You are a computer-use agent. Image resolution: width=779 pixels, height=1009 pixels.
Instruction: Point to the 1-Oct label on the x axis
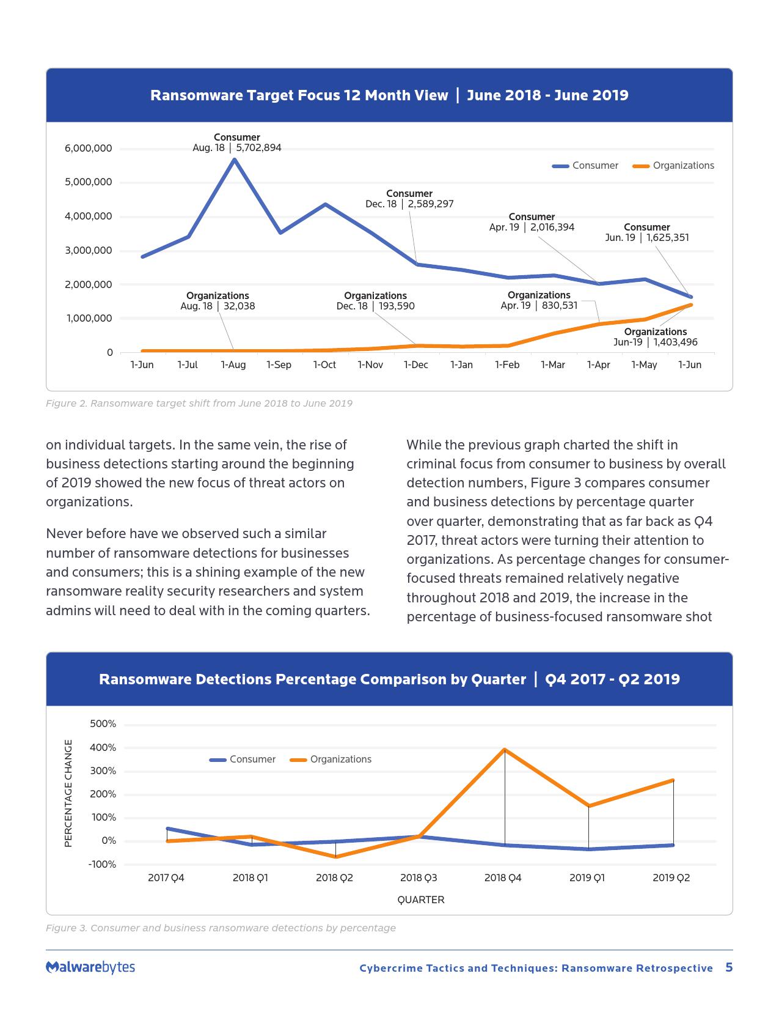[x=324, y=364]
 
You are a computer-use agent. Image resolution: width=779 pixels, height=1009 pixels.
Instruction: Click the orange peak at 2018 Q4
[x=505, y=749]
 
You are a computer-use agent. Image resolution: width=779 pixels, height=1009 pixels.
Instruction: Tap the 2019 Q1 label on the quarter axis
[x=587, y=878]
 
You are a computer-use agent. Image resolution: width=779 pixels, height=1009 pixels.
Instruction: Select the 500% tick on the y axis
[x=103, y=724]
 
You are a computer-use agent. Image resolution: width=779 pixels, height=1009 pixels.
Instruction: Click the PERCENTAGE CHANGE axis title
[x=68, y=794]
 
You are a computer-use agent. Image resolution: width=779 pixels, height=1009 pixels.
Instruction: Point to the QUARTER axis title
[x=420, y=900]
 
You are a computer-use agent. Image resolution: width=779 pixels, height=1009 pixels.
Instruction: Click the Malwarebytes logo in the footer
[x=90, y=967]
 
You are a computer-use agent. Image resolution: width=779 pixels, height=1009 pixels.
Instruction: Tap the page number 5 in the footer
[x=728, y=967]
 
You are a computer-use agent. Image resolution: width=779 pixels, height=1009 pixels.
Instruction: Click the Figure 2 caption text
[x=199, y=404]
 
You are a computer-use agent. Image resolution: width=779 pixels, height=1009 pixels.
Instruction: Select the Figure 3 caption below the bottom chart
[x=221, y=928]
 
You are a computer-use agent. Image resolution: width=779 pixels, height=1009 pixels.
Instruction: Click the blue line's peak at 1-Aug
[x=234, y=159]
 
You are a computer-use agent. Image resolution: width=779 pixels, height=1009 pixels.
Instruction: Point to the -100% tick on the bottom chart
[x=102, y=864]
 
